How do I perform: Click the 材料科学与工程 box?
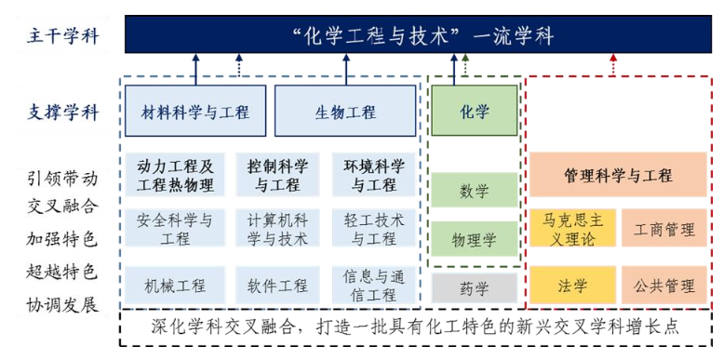click(x=194, y=113)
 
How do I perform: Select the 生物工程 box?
click(x=345, y=113)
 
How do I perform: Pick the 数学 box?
click(x=474, y=191)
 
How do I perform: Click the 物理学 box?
click(x=474, y=240)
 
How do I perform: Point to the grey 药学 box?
click(x=474, y=287)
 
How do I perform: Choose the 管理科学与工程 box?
click(x=618, y=175)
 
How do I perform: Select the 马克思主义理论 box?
click(x=573, y=228)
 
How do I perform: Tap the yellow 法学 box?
click(x=573, y=287)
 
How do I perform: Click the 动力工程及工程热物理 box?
click(x=175, y=175)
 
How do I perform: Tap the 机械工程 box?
click(x=175, y=287)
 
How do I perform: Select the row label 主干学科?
click(x=63, y=38)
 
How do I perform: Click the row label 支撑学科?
click(x=63, y=113)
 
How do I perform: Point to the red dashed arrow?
click(x=612, y=65)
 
